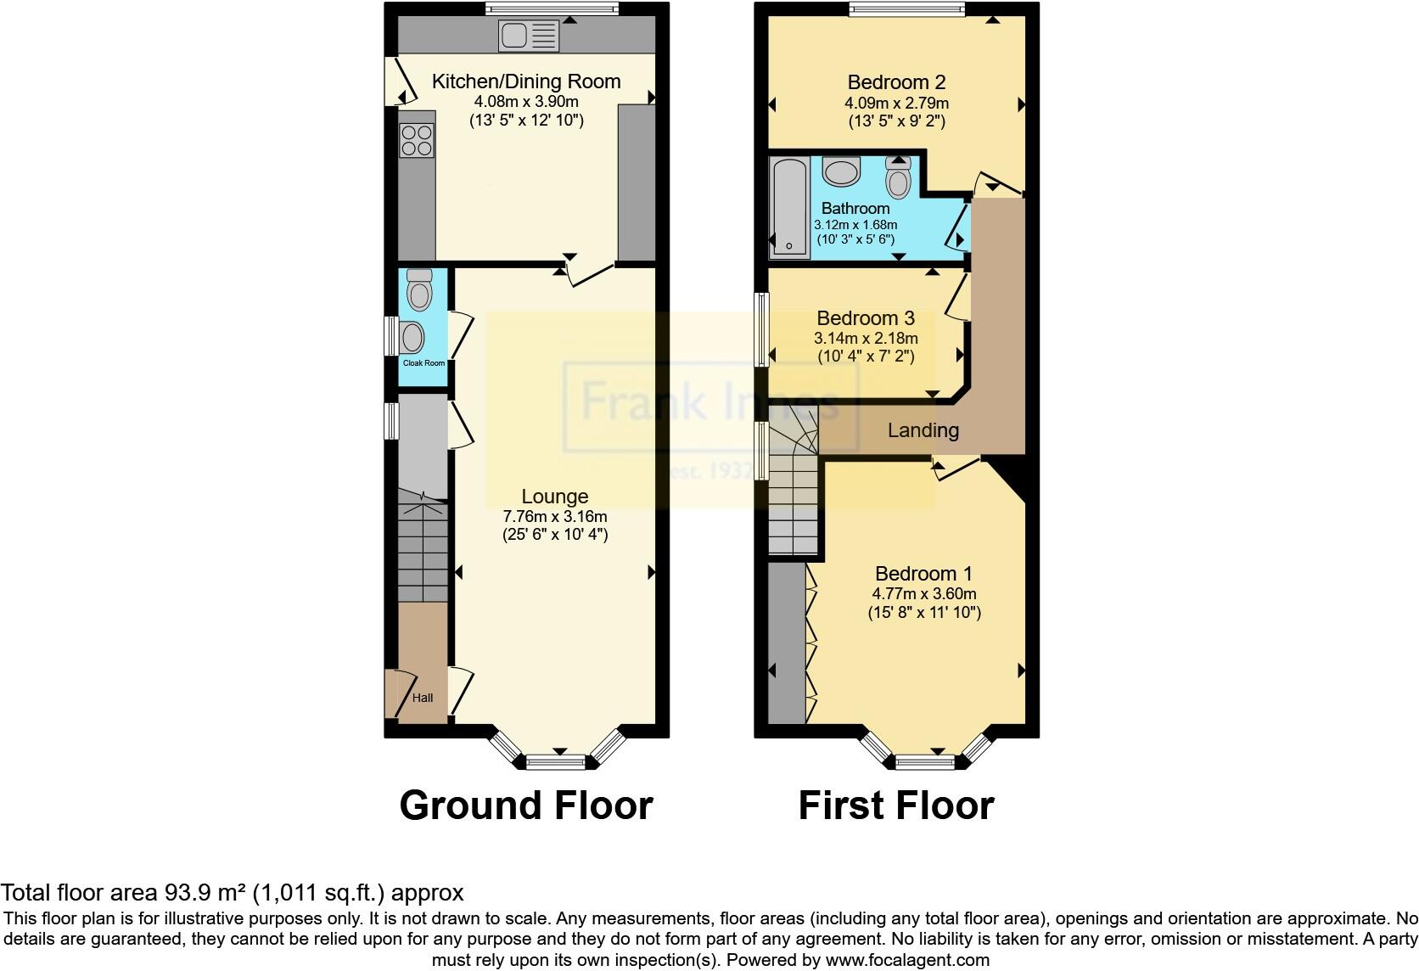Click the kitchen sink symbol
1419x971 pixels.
tap(530, 36)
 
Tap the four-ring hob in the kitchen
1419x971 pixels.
tap(416, 140)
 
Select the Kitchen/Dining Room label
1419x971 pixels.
tap(526, 81)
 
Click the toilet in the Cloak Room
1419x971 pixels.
tap(418, 289)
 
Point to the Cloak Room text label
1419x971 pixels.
tap(423, 363)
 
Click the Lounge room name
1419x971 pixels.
tap(554, 497)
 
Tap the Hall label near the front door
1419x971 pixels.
tap(423, 698)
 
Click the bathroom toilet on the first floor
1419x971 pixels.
tap(898, 177)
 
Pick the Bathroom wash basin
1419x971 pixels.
tap(842, 171)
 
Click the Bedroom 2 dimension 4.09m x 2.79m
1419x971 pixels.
tap(896, 103)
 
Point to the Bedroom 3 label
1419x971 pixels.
tap(866, 318)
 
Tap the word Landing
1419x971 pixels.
tap(923, 430)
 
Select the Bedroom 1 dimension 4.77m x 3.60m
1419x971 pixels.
tap(924, 594)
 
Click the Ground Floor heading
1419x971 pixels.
tap(526, 805)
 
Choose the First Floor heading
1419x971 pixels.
tap(896, 805)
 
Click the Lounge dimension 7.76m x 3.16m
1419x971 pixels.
tap(555, 516)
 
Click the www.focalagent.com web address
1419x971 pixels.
tap(907, 960)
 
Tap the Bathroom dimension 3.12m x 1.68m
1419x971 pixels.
tap(855, 225)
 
